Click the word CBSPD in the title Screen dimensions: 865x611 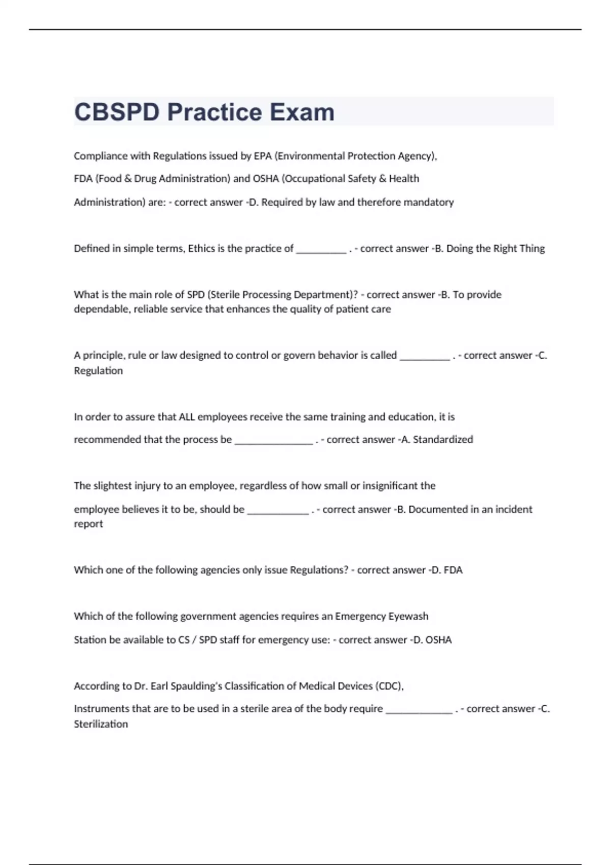[x=117, y=112]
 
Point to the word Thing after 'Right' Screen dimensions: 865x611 [x=532, y=249]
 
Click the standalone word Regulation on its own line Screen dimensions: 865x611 [x=98, y=371]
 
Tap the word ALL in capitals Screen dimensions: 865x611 [x=187, y=417]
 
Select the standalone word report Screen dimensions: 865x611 [x=88, y=524]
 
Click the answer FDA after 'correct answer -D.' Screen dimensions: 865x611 [x=453, y=570]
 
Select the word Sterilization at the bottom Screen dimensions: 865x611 [x=101, y=724]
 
